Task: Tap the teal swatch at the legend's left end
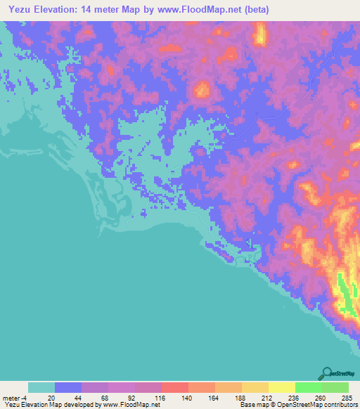(x=41, y=387)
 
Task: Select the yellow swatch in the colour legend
(x=281, y=387)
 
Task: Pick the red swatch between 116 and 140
(x=174, y=387)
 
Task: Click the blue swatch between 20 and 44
(x=68, y=387)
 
